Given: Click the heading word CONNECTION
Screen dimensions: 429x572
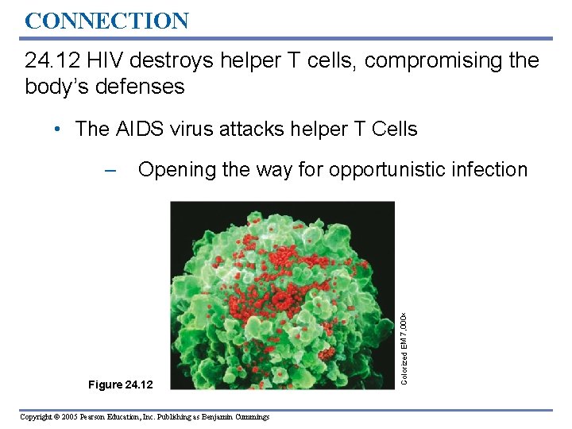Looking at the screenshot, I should pyautogui.click(x=106, y=20).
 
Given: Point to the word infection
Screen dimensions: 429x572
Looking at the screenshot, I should pyautogui.click(x=492, y=170).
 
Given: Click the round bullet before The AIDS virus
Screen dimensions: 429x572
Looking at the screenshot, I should pyautogui.click(x=61, y=129).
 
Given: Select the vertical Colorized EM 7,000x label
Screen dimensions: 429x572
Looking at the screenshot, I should pyautogui.click(x=404, y=345).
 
